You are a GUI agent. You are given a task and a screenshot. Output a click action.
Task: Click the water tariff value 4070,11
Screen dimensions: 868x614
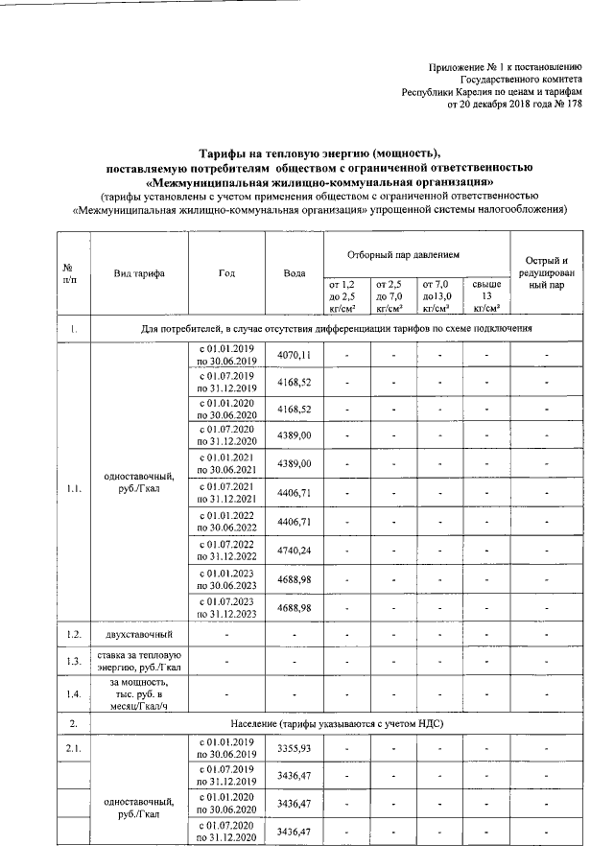295,356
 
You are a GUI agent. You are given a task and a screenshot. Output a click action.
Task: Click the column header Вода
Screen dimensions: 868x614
295,273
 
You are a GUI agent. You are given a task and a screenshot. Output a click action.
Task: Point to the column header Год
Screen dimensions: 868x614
226,273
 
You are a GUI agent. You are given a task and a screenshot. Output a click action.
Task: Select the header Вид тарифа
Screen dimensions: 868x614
139,273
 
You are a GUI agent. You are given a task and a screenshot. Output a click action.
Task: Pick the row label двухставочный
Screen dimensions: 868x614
139,635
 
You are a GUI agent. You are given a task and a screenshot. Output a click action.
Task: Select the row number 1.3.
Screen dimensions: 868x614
73,661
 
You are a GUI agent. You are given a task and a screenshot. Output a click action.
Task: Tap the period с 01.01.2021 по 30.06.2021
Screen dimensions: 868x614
226,464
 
